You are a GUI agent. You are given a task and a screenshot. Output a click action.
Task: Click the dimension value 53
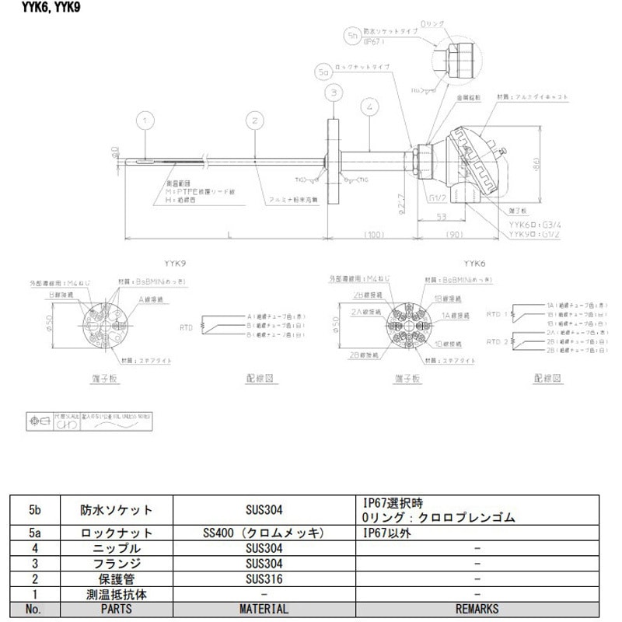pyautogui.click(x=440, y=217)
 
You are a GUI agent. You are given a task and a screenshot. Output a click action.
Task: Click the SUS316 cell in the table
pyautogui.click(x=264, y=579)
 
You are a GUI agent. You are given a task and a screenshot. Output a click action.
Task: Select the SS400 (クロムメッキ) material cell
pyautogui.click(x=264, y=533)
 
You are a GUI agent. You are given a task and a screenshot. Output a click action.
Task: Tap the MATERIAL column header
pyautogui.click(x=264, y=609)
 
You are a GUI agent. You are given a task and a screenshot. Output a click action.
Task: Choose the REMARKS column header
pyautogui.click(x=477, y=609)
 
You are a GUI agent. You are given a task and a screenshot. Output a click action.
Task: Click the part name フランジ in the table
pyautogui.click(x=117, y=564)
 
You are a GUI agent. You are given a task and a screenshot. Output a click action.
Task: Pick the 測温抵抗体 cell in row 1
pyautogui.click(x=117, y=594)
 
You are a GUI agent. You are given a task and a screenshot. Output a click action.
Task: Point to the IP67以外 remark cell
pyautogui.click(x=387, y=533)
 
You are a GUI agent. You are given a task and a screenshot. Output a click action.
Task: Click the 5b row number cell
pyautogui.click(x=34, y=510)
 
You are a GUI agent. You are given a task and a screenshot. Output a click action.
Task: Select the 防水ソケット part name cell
pyautogui.click(x=117, y=510)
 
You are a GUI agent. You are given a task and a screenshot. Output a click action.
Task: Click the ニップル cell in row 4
pyautogui.click(x=117, y=549)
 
